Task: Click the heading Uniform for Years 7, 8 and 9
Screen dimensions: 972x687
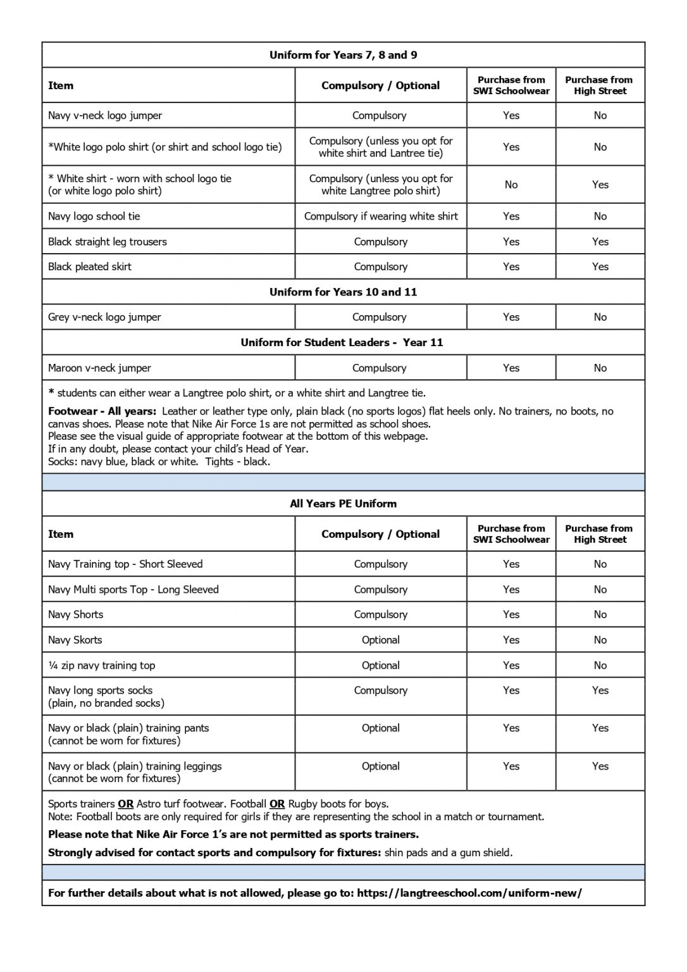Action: pos(343,55)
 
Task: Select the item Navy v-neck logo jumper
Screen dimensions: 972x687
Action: pos(105,116)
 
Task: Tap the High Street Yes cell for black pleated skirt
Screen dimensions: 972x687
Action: pos(600,267)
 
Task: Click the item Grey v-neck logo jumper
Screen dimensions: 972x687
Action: pos(104,317)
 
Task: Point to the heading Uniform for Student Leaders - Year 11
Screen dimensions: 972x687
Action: pos(342,342)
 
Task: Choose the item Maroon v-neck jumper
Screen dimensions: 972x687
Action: pos(99,368)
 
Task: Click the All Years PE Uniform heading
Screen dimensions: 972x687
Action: pos(343,504)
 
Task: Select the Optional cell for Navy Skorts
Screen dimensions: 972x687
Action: pos(380,640)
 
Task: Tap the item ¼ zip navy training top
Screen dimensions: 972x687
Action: pos(101,665)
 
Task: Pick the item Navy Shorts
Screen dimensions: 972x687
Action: pos(75,614)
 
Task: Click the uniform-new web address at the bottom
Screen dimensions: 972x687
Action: pos(469,893)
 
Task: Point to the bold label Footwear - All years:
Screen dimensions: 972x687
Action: pos(102,411)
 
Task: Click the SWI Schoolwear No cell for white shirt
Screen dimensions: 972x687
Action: pos(511,185)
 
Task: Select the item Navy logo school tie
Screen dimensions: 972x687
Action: pos(94,216)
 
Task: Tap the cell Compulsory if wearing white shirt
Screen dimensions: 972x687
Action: pos(380,216)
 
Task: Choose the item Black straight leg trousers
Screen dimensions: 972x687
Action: pos(107,242)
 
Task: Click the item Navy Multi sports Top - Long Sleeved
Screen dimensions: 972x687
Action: pos(133,589)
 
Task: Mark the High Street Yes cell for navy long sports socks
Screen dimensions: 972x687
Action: pos(600,690)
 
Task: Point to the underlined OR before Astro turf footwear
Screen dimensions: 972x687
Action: pos(125,804)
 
